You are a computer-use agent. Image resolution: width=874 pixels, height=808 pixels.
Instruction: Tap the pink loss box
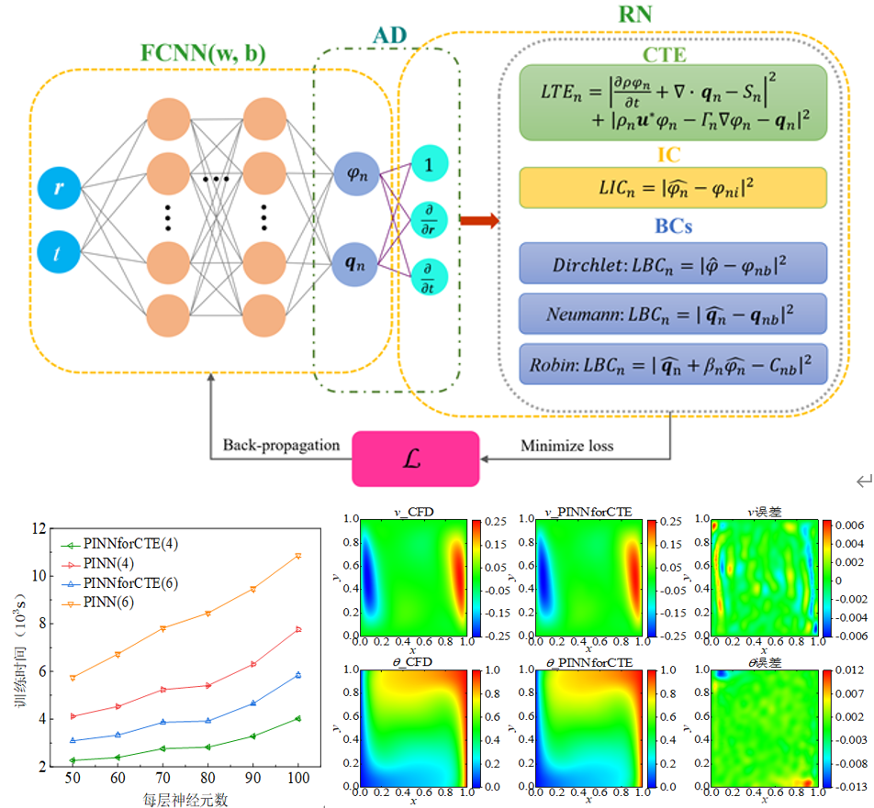416,458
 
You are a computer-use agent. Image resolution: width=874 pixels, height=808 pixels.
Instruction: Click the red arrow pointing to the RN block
480,220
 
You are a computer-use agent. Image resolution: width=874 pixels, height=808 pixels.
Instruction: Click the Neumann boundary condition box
673,313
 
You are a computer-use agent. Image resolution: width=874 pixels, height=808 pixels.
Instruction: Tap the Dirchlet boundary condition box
673,262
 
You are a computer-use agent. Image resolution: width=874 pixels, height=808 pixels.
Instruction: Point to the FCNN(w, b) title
203,53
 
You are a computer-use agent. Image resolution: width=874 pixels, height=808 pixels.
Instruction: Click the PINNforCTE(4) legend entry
129,544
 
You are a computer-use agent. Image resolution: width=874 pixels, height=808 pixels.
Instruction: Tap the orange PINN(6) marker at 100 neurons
297,556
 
